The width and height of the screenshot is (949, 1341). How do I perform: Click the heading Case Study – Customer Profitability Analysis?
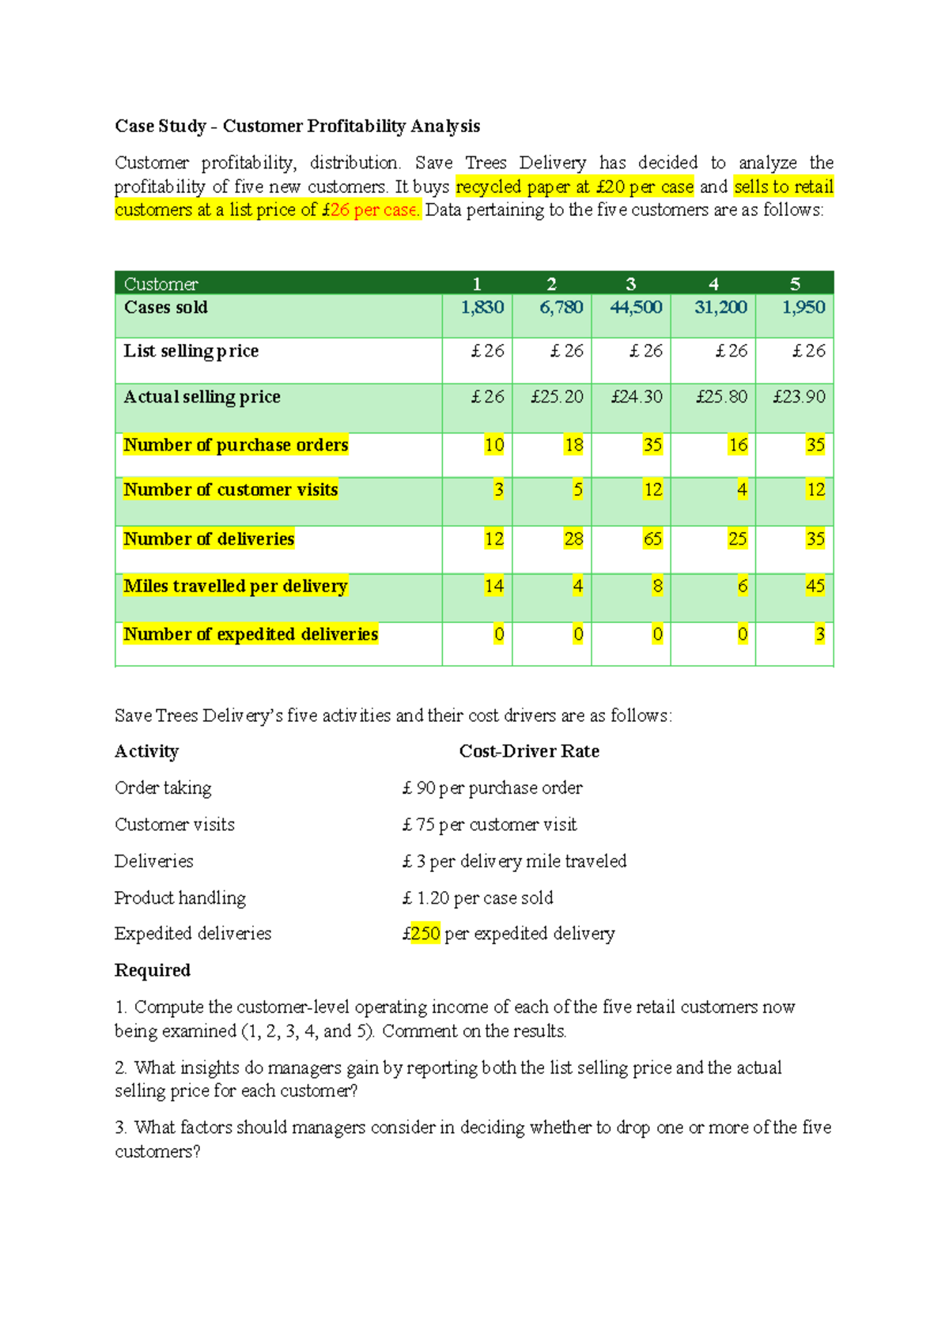(x=297, y=127)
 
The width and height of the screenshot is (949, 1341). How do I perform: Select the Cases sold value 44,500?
(x=636, y=308)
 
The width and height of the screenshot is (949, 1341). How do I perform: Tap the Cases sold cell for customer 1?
(x=482, y=308)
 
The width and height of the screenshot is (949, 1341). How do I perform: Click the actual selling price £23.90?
(x=799, y=397)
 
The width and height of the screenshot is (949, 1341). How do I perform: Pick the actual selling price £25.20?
(x=557, y=397)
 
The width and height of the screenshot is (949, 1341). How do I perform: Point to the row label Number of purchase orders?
(x=236, y=445)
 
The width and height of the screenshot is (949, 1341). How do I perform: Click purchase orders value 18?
(x=573, y=445)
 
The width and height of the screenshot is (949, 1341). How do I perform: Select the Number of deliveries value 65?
(x=652, y=539)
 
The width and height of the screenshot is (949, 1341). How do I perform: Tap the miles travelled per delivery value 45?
(x=815, y=586)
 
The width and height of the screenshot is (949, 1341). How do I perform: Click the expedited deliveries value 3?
(x=819, y=634)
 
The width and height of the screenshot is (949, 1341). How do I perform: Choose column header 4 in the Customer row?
(x=713, y=284)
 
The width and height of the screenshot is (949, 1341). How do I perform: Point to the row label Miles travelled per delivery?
(x=236, y=586)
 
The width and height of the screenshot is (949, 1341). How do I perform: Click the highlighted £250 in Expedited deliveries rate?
(x=425, y=934)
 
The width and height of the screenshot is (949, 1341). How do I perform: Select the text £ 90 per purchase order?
(x=493, y=788)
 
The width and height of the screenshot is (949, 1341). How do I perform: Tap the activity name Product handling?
(x=180, y=898)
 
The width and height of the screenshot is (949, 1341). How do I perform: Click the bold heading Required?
(x=153, y=970)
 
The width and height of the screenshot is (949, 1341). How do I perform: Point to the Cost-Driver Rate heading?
(x=529, y=751)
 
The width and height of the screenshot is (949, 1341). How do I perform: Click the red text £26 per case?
(x=372, y=210)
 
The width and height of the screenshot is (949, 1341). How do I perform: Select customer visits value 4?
(x=742, y=490)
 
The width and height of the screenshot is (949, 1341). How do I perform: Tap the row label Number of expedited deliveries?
(x=251, y=634)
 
